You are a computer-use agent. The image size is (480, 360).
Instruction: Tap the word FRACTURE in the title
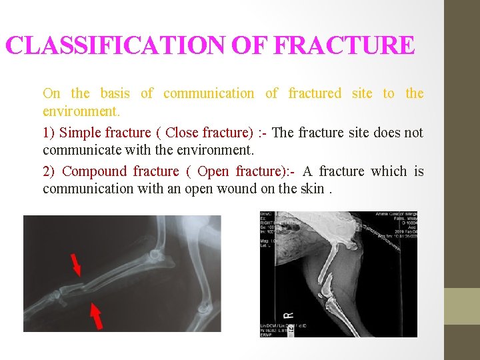point(344,46)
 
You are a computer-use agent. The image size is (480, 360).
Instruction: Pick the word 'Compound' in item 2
point(94,171)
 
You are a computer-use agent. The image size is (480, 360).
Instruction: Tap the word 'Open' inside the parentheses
point(213,171)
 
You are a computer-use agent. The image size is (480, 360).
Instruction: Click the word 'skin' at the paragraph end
point(312,189)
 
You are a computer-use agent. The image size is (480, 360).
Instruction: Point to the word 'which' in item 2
point(389,171)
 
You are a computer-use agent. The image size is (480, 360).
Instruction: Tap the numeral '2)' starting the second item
point(49,171)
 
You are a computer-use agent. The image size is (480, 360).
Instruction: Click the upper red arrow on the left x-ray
point(76,265)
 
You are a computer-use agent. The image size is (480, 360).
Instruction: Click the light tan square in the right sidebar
point(462,306)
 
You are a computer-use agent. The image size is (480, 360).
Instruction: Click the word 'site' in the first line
point(362,93)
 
